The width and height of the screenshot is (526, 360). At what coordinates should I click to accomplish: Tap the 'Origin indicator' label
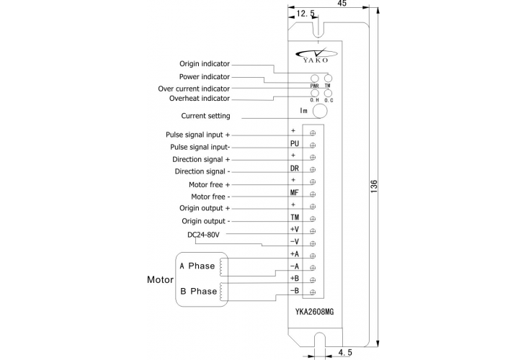[205, 63]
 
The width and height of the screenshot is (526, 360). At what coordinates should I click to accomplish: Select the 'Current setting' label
[206, 116]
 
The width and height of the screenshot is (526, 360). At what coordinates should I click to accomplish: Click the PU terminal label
[294, 144]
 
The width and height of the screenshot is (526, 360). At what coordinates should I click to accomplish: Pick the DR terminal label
[294, 168]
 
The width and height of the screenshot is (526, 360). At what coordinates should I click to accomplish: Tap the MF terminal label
[294, 193]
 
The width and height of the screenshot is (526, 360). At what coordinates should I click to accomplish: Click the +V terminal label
[294, 229]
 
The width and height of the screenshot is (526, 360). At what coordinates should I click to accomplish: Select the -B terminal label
[294, 291]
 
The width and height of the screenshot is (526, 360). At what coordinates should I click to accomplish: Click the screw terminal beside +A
[312, 255]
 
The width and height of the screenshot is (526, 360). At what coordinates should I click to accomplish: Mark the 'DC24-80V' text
[203, 235]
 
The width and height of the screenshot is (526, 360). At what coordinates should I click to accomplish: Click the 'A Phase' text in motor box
[197, 266]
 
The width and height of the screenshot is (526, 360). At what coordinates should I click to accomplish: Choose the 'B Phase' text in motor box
[197, 292]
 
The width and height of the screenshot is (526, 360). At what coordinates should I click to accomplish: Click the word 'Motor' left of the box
[160, 279]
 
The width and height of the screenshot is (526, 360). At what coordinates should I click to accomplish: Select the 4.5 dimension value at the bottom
[345, 353]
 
